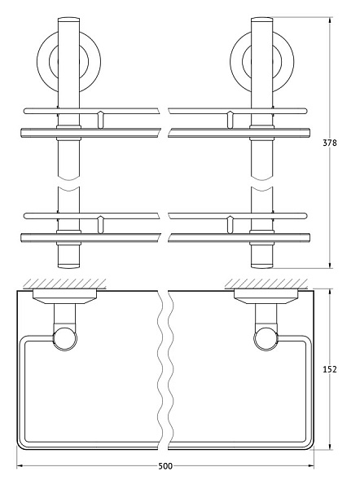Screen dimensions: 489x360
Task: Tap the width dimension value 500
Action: point(165,466)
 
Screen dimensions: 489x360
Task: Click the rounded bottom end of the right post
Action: point(261,263)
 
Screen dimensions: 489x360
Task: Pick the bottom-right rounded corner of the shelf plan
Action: point(310,444)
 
